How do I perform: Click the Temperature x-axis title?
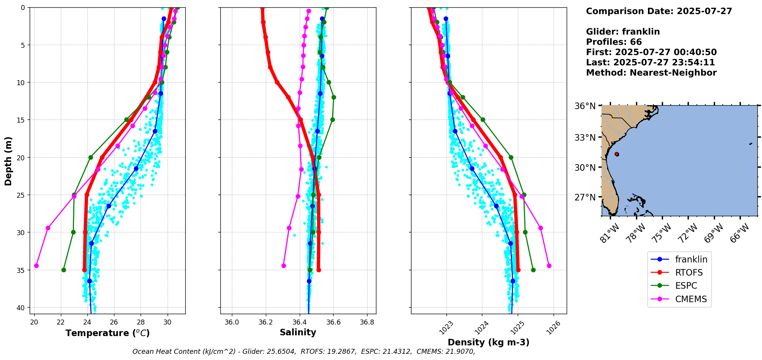coord(107,333)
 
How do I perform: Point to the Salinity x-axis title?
coord(298,332)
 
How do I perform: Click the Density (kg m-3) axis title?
coord(488,342)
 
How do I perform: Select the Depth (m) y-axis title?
coord(8,161)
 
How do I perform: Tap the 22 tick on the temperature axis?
coord(61,322)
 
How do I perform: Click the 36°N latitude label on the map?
coord(585,106)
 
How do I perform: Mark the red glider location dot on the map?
coord(617,154)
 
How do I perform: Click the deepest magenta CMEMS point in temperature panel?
coord(36,266)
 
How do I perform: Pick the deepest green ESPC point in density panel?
coord(533,270)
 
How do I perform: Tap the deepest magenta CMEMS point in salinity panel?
coord(284,266)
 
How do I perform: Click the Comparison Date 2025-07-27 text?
coord(659,11)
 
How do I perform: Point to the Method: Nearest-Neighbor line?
coord(651,73)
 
